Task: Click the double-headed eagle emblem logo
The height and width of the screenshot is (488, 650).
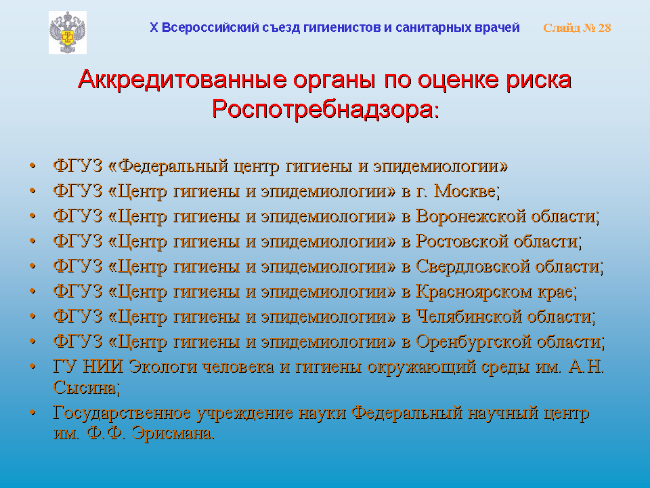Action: point(68,33)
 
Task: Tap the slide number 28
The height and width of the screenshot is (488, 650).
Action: point(605,28)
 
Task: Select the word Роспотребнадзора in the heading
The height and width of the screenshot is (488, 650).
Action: point(323,110)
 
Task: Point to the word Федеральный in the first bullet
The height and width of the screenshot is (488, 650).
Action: point(173,166)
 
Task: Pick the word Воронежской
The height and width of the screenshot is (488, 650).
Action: point(471,216)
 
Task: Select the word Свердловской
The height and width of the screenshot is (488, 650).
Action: point(473,266)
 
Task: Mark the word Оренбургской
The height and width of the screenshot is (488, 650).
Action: point(473,342)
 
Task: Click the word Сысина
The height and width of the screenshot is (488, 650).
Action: point(85,388)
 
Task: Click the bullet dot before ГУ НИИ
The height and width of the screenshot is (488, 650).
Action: point(32,367)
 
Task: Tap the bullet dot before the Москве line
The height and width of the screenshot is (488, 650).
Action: point(32,191)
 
